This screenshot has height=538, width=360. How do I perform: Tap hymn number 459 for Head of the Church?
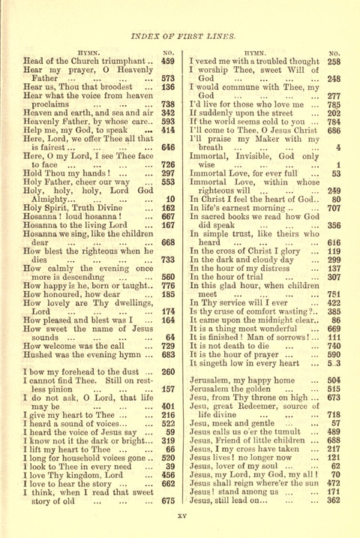(x=167, y=60)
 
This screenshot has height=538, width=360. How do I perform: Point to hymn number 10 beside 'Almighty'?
(x=169, y=177)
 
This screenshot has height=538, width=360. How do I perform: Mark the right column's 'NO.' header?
(x=334, y=50)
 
